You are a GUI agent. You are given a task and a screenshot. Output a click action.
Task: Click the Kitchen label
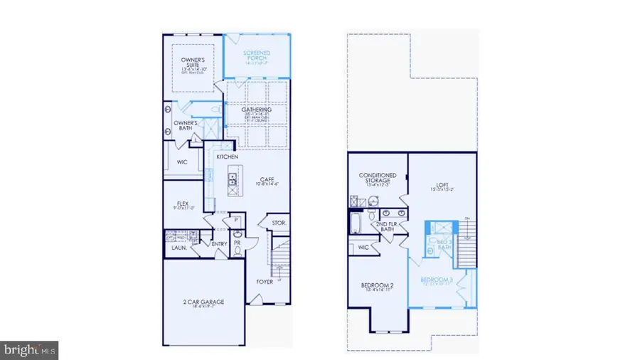pos(227,156)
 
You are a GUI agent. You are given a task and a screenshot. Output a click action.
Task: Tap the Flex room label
pos(184,204)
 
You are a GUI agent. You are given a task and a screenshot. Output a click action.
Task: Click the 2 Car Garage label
pos(203,303)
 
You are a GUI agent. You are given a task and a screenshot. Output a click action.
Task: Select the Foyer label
pos(265,282)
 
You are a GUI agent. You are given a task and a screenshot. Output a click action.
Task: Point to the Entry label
pos(219,244)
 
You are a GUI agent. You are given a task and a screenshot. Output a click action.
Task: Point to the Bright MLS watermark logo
pos(29,350)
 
